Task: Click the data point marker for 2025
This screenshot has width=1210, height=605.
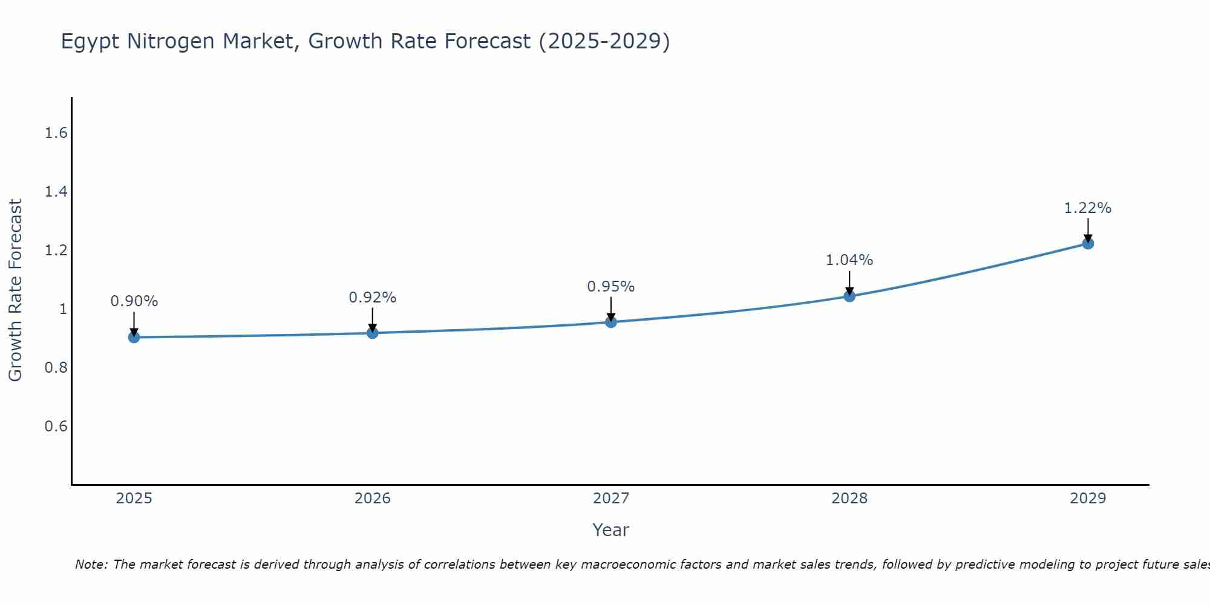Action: coord(134,337)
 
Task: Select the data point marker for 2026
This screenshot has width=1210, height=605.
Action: coord(373,333)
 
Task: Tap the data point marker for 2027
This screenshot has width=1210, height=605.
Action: coord(611,322)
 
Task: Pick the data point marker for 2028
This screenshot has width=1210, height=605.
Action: coord(849,296)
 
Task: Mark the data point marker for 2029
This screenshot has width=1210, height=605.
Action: coord(1088,243)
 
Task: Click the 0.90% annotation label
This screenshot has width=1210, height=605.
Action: coord(134,301)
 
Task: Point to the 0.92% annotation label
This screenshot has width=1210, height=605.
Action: coord(373,298)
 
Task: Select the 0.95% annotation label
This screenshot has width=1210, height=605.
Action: coord(611,287)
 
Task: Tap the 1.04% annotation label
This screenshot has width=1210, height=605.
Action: coord(849,260)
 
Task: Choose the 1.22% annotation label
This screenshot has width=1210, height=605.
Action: coord(1088,208)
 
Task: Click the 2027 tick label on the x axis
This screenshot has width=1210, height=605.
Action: coord(611,499)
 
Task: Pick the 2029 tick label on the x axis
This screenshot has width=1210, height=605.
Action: coord(1088,499)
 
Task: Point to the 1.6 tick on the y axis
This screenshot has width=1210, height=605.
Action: coord(56,133)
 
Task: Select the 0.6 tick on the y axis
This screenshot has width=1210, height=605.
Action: coord(56,427)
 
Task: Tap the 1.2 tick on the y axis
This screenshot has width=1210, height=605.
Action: coord(56,250)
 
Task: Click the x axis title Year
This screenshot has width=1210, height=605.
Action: coord(611,530)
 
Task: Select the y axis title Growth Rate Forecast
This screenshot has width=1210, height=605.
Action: coord(15,290)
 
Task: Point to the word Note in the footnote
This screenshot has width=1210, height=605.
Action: coord(91,564)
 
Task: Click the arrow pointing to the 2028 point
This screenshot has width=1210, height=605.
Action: coord(849,282)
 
